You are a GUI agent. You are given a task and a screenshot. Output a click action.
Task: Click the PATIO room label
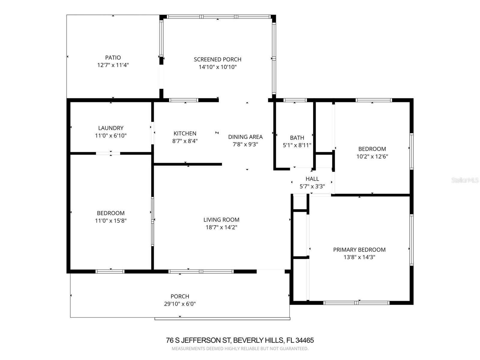(113, 58)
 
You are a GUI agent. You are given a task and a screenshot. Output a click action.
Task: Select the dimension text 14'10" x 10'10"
(217, 67)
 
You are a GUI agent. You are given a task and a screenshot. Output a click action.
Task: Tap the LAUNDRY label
(111, 128)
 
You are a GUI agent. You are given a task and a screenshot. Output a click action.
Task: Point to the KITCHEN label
(185, 133)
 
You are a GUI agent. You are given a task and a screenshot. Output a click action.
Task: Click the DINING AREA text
(245, 137)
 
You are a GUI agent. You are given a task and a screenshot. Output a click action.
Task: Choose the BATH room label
(297, 138)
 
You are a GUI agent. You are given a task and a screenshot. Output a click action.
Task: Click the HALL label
(312, 179)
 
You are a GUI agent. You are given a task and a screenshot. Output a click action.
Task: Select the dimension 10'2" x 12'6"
(372, 156)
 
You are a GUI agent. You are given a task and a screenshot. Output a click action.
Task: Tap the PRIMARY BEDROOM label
(359, 250)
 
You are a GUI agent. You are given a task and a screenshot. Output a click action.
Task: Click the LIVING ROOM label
(221, 220)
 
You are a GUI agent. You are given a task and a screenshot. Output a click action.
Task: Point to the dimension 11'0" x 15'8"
(111, 221)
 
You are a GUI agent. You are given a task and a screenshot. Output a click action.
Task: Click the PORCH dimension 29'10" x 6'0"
(180, 304)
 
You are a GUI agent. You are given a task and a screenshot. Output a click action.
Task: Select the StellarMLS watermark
(465, 180)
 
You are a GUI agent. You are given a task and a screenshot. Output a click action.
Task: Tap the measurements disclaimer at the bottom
(240, 349)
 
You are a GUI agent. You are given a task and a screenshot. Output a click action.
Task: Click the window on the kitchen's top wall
(184, 100)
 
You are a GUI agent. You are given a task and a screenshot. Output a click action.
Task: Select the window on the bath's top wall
(295, 100)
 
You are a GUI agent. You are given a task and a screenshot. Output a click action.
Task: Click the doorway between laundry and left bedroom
(108, 153)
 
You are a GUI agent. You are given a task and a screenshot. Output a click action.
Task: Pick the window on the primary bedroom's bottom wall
(356, 303)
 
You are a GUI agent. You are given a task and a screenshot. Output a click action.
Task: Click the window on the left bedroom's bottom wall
(110, 271)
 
